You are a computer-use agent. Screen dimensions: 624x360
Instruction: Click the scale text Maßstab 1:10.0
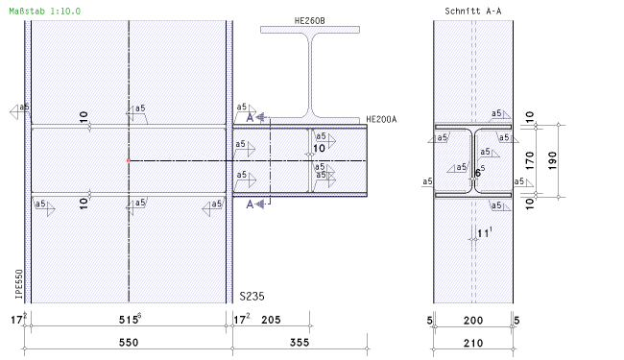point(44,12)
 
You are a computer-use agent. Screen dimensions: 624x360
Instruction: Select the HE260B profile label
point(310,21)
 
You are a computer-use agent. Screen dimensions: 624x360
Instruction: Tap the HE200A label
point(381,119)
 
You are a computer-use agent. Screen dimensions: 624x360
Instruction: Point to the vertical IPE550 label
point(18,284)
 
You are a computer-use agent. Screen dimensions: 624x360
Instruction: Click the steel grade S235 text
point(252,297)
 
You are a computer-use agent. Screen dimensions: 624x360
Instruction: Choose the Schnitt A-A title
point(472,12)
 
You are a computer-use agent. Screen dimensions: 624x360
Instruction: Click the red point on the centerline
point(129,160)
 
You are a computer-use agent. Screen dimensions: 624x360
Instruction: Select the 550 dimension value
point(129,343)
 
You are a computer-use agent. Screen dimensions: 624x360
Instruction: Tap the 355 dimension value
point(300,343)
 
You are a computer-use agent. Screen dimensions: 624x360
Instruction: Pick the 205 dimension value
point(271,320)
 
